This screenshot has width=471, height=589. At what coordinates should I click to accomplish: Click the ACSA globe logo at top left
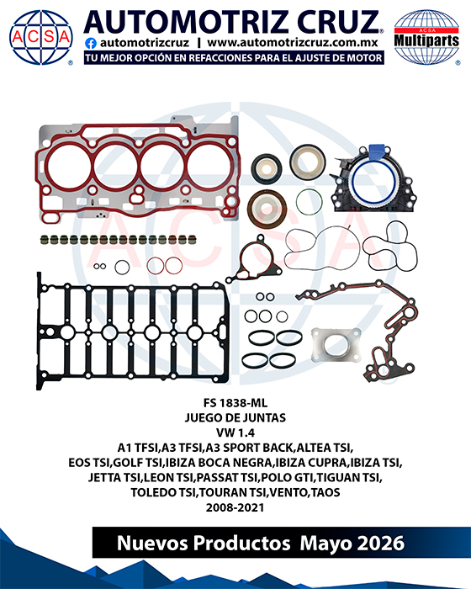pyautogui.click(x=41, y=37)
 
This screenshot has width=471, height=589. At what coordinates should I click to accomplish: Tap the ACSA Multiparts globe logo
pyautogui.click(x=426, y=37)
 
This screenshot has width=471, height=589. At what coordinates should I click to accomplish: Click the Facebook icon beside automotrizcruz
pyautogui.click(x=91, y=43)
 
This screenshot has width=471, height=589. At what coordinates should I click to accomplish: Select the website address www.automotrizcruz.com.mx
pyautogui.click(x=292, y=43)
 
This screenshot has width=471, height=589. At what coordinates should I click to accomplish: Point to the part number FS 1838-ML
pyautogui.click(x=235, y=403)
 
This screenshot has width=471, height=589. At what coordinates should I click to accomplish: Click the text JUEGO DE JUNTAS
pyautogui.click(x=235, y=417)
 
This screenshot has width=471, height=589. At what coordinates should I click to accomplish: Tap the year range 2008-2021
pyautogui.click(x=235, y=507)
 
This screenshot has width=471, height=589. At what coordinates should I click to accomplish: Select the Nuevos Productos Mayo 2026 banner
pyautogui.click(x=261, y=543)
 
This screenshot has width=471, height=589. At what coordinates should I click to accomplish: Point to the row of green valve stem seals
pyautogui.click(x=119, y=239)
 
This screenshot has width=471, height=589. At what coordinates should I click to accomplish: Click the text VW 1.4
pyautogui.click(x=235, y=432)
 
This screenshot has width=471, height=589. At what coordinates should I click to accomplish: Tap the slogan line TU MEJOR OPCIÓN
pyautogui.click(x=234, y=58)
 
